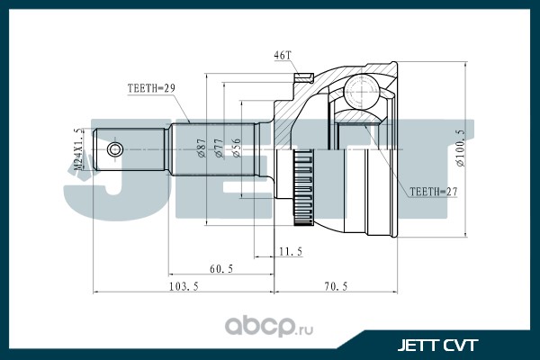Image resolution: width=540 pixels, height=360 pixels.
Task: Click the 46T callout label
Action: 283,56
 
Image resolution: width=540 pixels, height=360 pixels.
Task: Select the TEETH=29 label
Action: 151,88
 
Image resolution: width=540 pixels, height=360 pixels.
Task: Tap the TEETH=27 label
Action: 434,192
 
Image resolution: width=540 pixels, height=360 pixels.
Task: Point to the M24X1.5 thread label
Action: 79,148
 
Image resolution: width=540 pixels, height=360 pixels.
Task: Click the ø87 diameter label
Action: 202,148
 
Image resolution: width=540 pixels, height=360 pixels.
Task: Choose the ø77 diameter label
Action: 219,148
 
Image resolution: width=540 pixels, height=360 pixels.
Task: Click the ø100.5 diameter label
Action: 461,148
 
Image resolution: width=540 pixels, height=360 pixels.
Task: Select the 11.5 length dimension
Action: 291,252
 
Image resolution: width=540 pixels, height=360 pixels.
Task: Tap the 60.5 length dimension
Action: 221,269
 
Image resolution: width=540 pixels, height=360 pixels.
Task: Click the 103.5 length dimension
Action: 184,286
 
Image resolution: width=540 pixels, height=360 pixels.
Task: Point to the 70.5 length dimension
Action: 336,286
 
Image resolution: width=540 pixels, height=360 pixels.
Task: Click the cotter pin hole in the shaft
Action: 114,149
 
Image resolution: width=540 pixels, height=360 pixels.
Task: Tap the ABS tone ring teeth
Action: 303,188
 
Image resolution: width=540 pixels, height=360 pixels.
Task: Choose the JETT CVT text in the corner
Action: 437,346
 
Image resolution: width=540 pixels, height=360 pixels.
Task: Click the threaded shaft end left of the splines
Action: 130,149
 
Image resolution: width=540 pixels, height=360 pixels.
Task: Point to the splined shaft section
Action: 212,149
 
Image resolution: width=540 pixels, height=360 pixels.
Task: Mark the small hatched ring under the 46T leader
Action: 304,78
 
